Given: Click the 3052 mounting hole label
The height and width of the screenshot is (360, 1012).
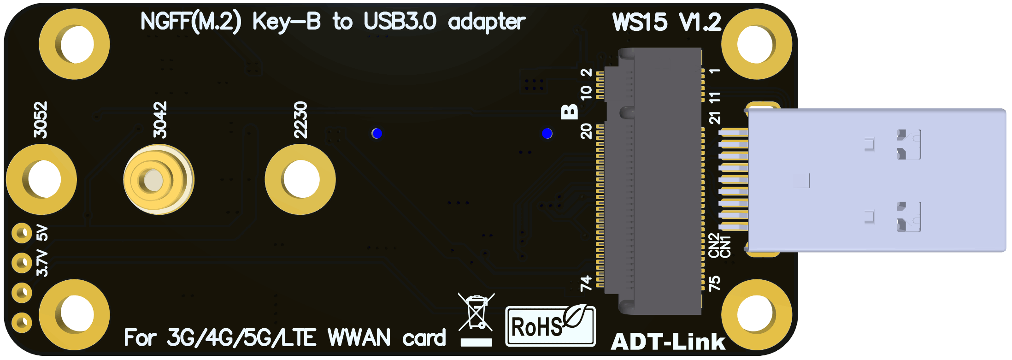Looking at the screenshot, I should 41,120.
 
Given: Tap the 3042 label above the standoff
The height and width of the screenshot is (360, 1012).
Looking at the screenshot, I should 160,120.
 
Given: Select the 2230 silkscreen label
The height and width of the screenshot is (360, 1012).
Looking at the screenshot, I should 300,120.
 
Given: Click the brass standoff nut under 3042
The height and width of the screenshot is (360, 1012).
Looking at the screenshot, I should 158,179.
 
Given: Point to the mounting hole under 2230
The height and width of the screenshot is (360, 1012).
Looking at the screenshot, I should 300,179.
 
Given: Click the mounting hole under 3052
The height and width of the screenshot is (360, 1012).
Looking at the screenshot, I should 41,179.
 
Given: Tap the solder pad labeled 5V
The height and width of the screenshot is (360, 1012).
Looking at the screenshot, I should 21,233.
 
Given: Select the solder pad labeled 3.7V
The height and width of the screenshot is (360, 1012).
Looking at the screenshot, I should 21,263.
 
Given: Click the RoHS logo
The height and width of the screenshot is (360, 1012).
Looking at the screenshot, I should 550,326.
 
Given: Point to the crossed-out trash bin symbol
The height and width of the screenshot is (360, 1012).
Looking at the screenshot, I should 476,313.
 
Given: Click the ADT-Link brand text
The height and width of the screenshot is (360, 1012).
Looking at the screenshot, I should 668,342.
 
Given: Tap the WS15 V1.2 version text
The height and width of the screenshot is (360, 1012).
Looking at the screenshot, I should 666,22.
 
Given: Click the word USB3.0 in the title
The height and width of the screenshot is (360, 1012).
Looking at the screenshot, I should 400,21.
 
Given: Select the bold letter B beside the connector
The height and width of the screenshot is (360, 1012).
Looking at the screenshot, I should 570,112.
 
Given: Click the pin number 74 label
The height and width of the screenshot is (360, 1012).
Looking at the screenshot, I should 586,283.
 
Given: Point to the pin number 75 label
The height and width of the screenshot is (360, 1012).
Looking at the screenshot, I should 714,283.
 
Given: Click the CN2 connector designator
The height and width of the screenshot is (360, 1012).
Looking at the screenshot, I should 714,246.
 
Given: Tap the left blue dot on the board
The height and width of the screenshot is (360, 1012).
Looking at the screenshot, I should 377,134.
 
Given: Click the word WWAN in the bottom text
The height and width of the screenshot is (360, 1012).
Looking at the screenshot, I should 359,338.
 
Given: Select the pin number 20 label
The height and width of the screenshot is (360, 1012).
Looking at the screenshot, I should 586,131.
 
